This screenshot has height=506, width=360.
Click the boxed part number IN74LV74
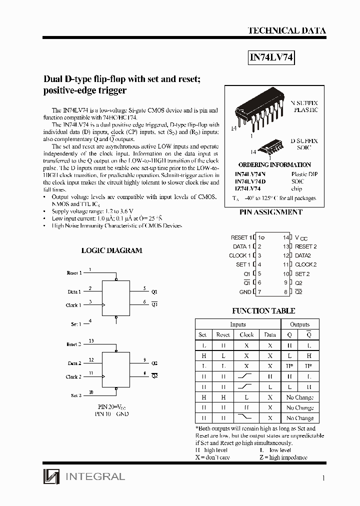click(272, 58)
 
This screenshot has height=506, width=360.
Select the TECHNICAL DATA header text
click(287, 30)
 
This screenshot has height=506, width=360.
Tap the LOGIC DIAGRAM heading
click(111, 250)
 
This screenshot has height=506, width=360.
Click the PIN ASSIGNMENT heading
click(271, 212)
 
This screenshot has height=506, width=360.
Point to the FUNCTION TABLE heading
click(263, 310)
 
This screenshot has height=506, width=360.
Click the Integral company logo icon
click(51, 476)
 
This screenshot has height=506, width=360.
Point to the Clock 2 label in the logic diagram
click(73, 376)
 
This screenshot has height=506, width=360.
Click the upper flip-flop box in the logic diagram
click(116, 297)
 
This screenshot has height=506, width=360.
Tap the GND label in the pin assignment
click(245, 292)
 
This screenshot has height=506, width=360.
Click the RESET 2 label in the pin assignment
click(306, 246)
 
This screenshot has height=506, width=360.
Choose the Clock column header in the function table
click(246, 334)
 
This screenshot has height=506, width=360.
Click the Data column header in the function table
click(270, 334)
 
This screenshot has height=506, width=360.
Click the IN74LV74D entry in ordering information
click(250, 181)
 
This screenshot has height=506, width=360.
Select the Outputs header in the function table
click(299, 324)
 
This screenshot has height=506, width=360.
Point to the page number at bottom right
click(323, 478)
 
